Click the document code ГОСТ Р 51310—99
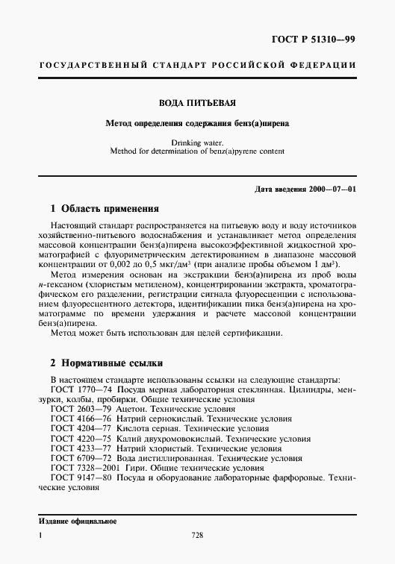point(312,37)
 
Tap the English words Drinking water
point(197,141)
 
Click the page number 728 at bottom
point(197,535)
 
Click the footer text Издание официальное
point(77,520)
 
